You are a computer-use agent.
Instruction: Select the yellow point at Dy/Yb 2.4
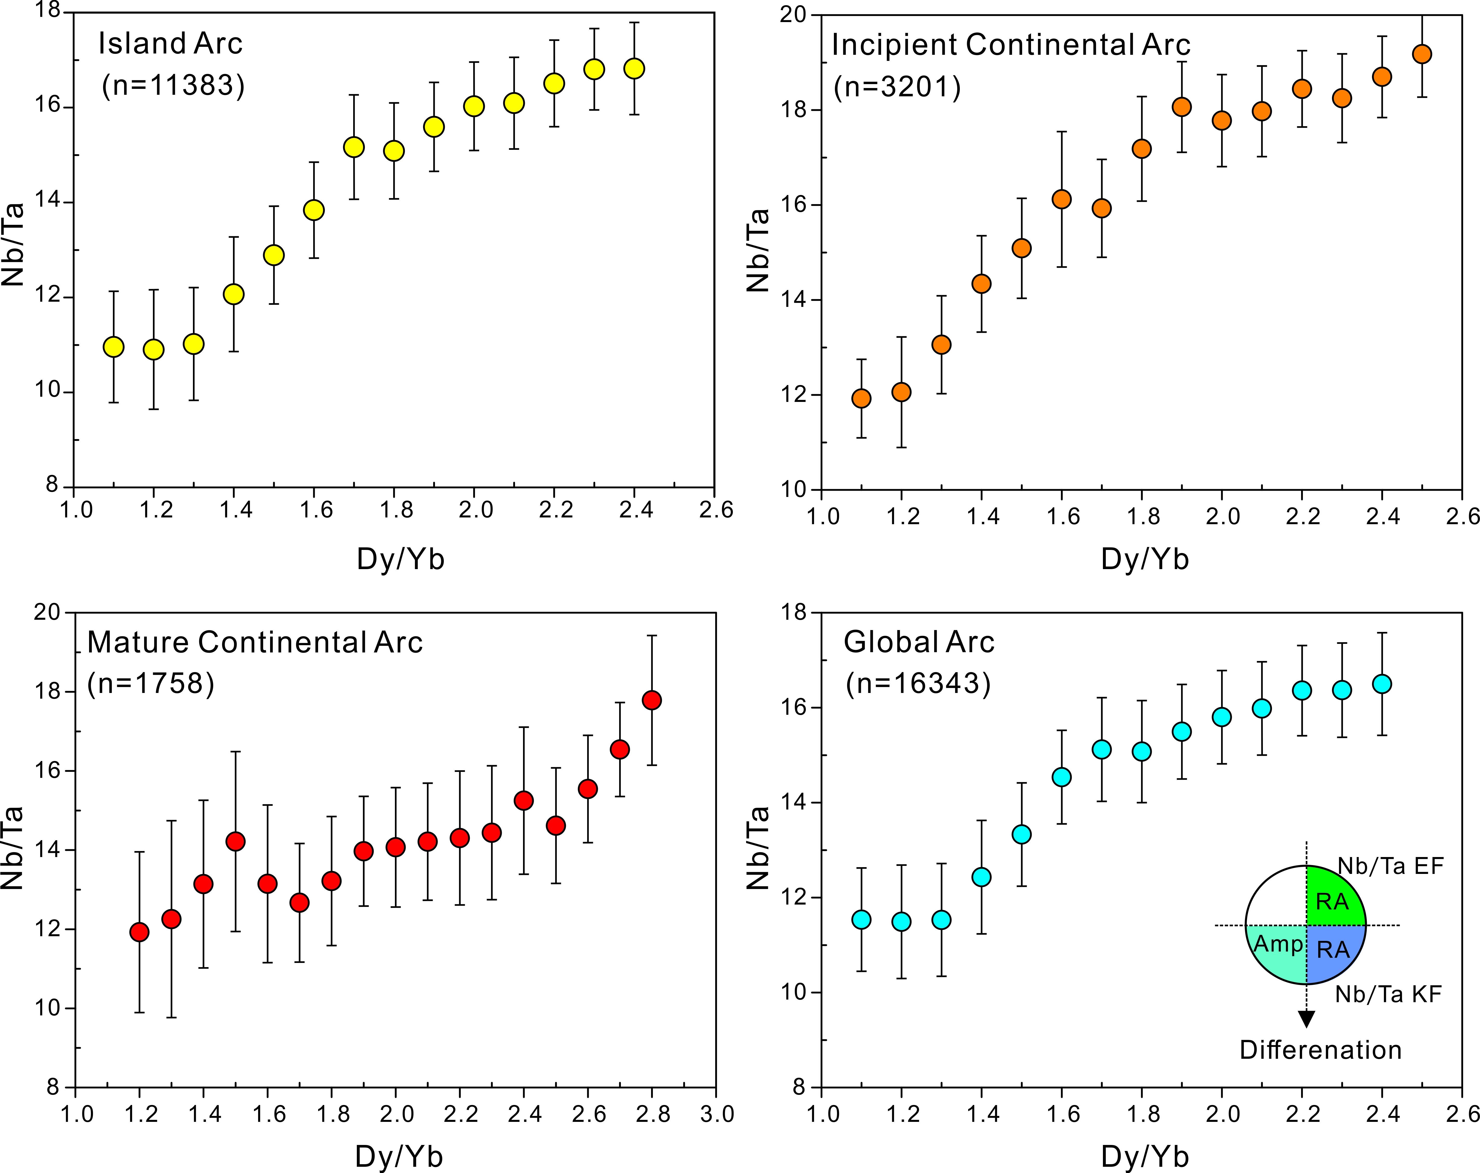pyautogui.click(x=634, y=69)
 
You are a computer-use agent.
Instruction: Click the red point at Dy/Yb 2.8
pyautogui.click(x=652, y=700)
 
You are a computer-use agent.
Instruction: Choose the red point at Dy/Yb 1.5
pyautogui.click(x=236, y=841)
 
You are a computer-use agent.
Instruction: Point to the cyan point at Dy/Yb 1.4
pyautogui.click(x=982, y=877)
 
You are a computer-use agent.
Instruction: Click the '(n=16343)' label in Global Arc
pyautogui.click(x=918, y=684)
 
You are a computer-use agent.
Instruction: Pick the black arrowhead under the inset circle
pyautogui.click(x=1306, y=1019)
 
